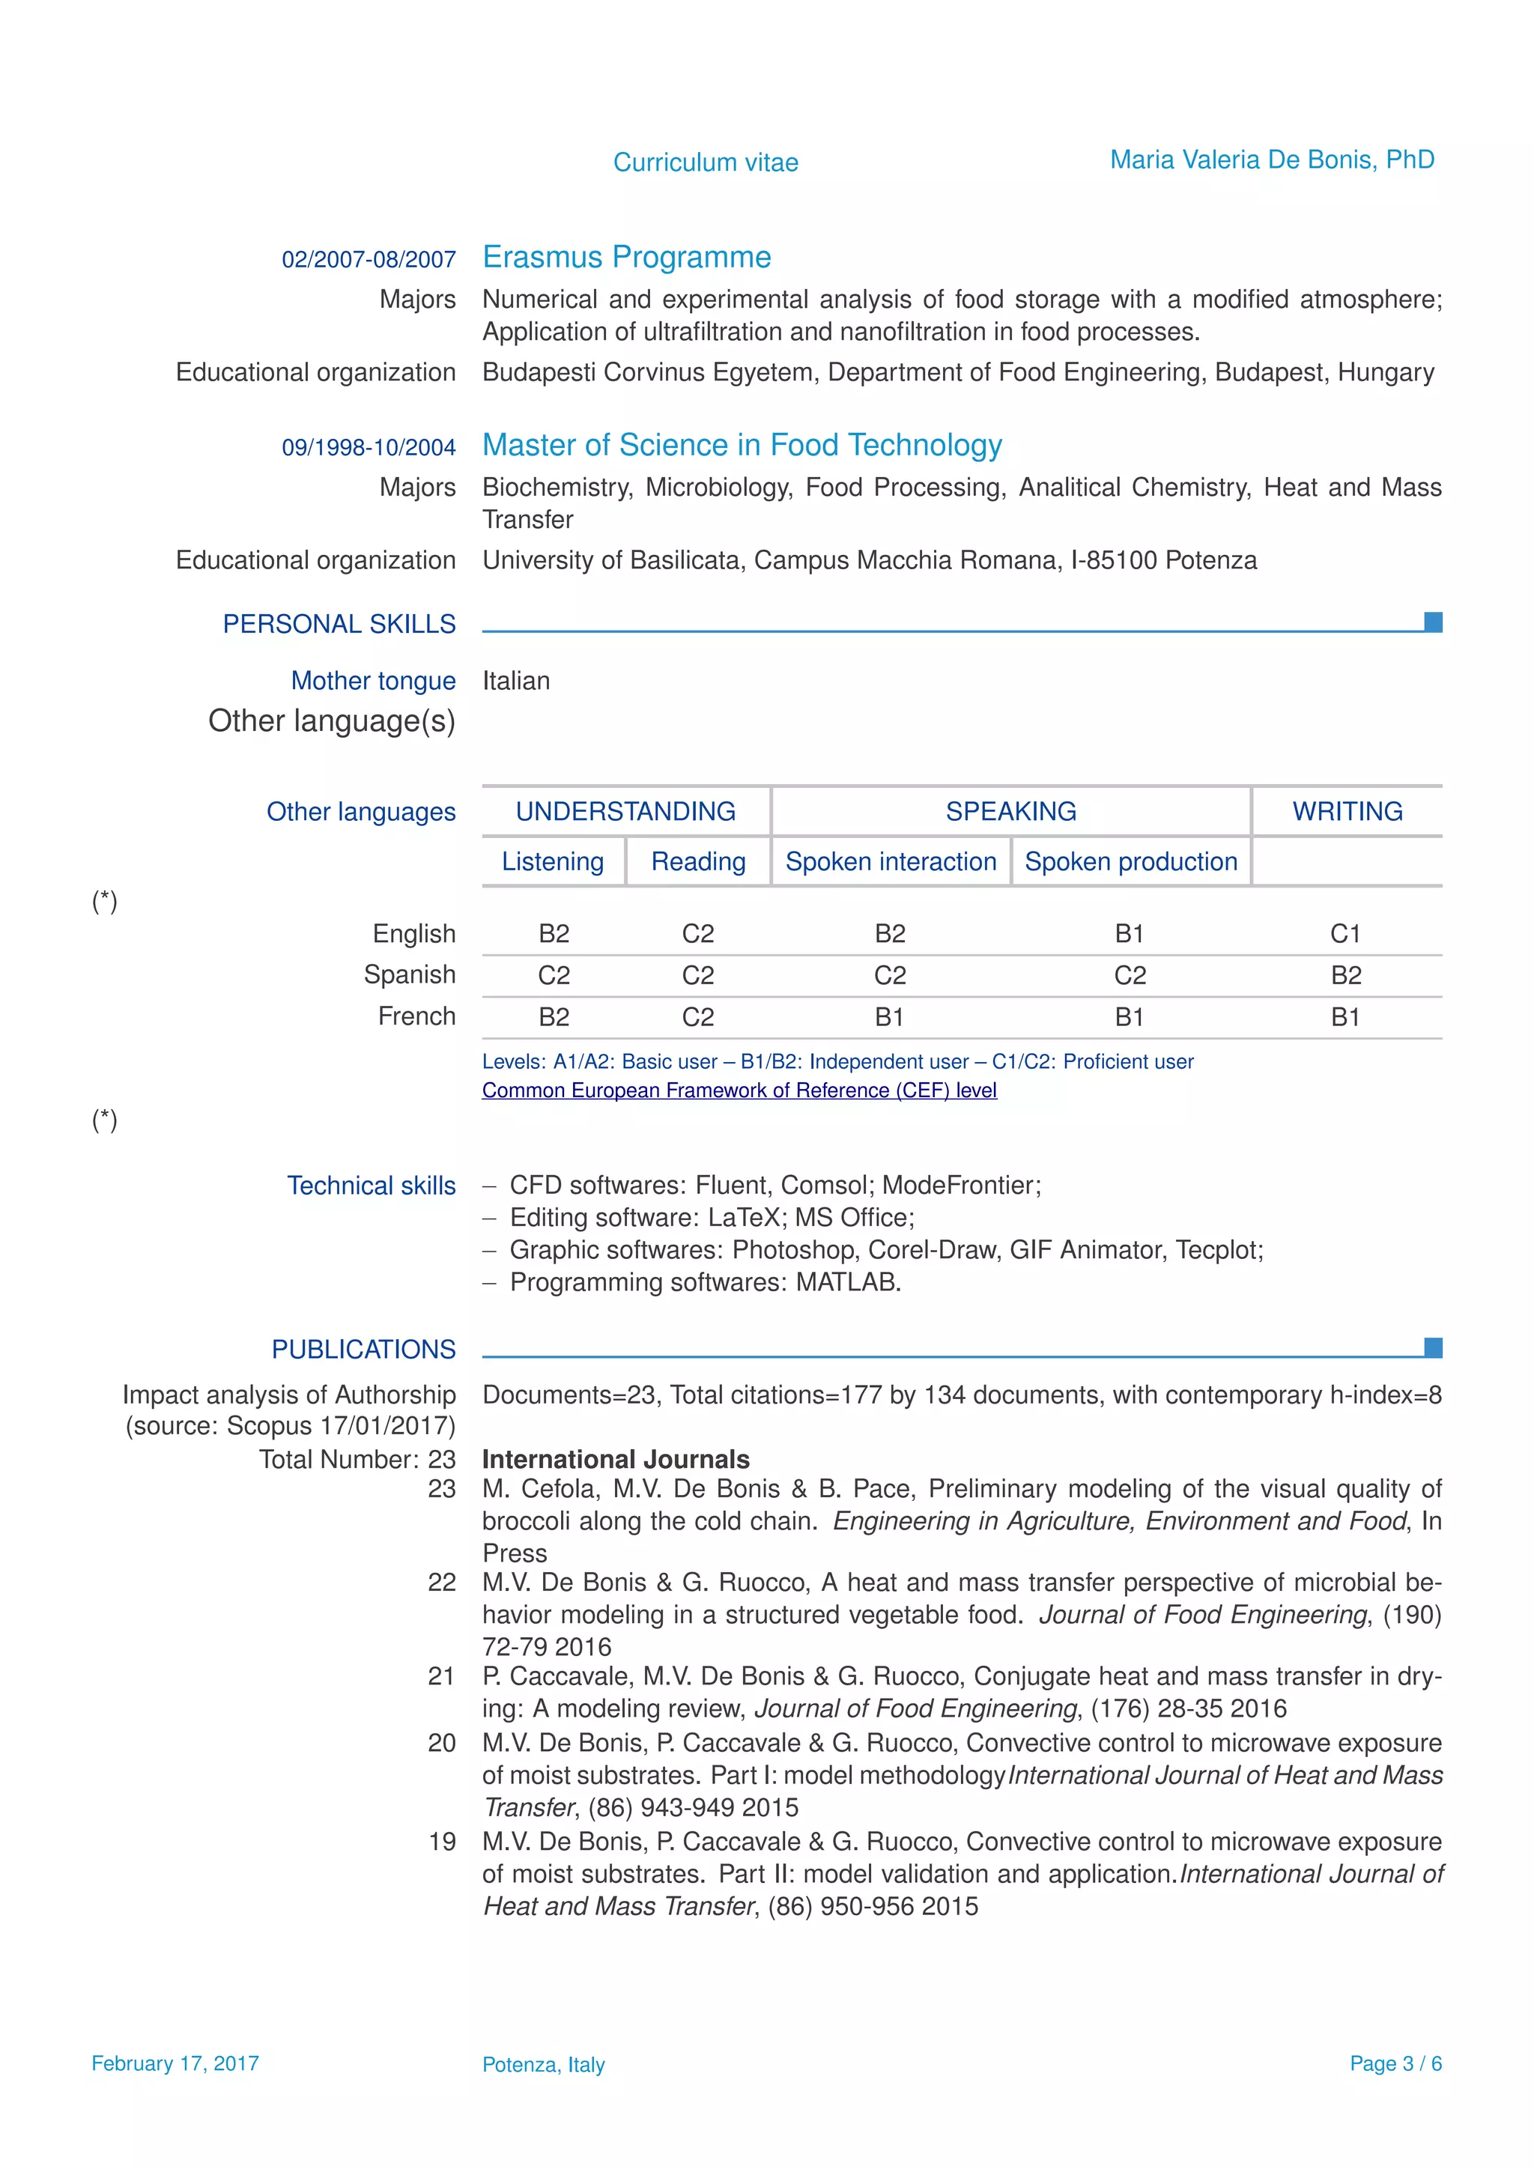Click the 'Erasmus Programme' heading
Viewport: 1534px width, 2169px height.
click(626, 257)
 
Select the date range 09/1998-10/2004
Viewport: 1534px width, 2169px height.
click(369, 447)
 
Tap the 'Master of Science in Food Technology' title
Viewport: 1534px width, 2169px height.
click(742, 445)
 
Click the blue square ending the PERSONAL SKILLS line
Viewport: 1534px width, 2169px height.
click(1433, 622)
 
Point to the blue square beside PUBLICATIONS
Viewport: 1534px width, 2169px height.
click(1433, 1347)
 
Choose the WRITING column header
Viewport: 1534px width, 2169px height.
click(1347, 811)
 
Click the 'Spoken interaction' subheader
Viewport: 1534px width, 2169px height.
click(891, 861)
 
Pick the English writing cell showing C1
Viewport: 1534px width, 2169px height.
click(1345, 933)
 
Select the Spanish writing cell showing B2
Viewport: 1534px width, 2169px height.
click(1345, 975)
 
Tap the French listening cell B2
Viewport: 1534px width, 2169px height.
click(554, 1016)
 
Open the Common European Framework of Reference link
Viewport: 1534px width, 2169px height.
click(739, 1090)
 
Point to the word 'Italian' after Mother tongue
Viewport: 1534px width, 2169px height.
click(516, 680)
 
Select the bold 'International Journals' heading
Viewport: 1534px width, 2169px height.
click(616, 1460)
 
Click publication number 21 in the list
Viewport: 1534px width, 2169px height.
click(441, 1676)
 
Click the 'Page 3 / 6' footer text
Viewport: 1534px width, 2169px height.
click(1395, 2063)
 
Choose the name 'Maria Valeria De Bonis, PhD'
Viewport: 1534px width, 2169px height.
click(1271, 160)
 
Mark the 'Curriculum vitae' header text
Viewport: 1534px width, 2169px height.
click(706, 163)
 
